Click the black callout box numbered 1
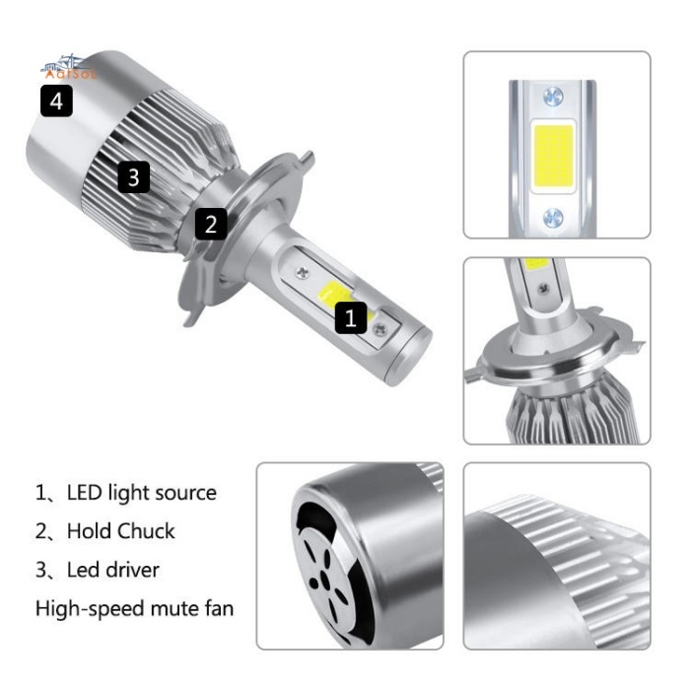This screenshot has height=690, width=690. (x=353, y=316)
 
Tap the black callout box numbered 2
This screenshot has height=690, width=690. (x=210, y=223)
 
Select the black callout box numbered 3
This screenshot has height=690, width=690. (x=134, y=177)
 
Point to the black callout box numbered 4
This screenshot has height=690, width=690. (x=56, y=101)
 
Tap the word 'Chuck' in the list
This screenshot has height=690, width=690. (x=148, y=530)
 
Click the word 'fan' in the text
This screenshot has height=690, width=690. (x=217, y=608)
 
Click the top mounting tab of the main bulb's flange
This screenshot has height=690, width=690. (x=307, y=158)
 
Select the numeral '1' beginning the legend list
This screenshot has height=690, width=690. (x=40, y=492)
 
